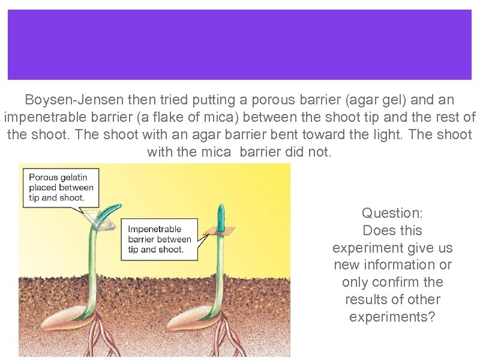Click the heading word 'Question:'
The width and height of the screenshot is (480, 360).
(x=392, y=213)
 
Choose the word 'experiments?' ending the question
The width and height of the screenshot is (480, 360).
(x=392, y=317)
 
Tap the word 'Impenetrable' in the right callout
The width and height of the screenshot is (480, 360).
(x=155, y=229)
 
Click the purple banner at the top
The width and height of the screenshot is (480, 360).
(x=239, y=44)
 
